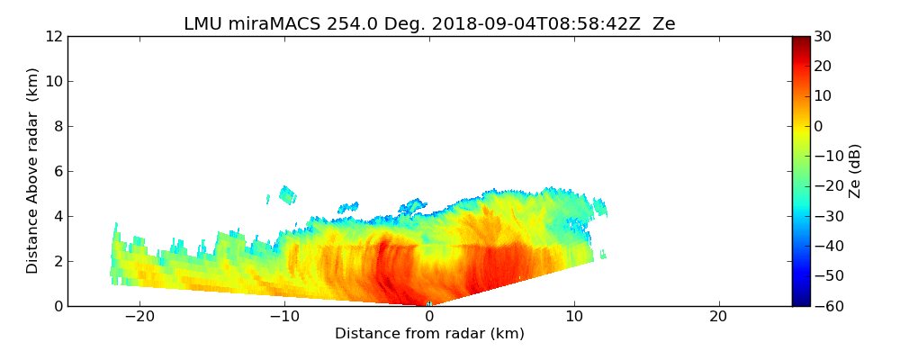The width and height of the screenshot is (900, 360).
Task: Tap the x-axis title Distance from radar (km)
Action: coord(429,334)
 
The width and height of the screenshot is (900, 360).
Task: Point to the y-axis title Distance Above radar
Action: coord(33,170)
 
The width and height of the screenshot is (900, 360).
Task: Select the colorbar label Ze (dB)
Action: coord(855,170)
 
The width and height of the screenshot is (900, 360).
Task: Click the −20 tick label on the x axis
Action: coord(139,317)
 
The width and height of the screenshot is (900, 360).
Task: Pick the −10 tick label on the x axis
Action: coord(284,317)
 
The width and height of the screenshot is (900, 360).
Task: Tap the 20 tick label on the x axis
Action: coord(718,317)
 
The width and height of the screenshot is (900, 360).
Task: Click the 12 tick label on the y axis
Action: coord(53,36)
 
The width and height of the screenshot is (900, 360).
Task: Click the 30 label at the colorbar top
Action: coord(823,36)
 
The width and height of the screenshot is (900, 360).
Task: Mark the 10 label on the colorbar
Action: coord(823,96)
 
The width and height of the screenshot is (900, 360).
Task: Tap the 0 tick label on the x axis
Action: coord(429,317)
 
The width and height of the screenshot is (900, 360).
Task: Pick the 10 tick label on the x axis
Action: coord(574,317)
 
